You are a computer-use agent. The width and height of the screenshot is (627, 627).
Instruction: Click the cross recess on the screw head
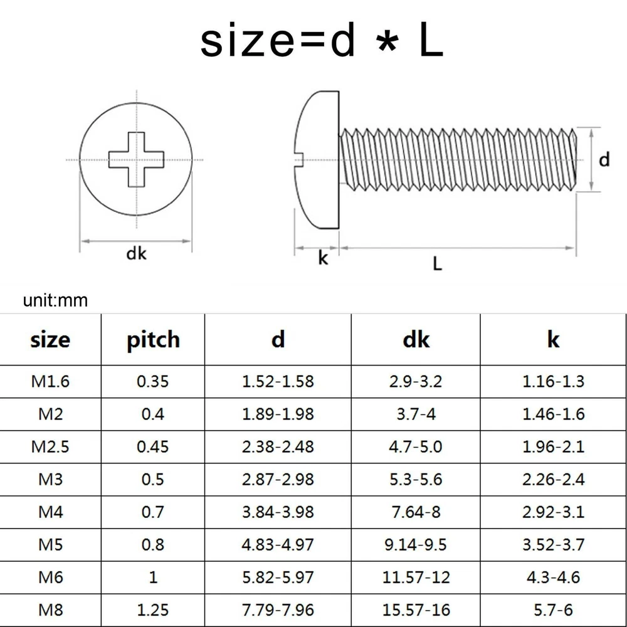(136, 159)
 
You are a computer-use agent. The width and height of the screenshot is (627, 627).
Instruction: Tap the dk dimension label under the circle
(136, 253)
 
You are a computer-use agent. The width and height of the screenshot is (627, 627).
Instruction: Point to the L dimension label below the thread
(438, 264)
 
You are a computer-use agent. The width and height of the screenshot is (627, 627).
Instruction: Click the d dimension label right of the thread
(604, 159)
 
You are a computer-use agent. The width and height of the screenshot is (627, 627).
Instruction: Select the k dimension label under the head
(323, 258)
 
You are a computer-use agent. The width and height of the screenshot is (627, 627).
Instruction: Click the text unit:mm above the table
(55, 300)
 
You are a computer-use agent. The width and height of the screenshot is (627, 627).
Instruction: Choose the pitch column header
(153, 340)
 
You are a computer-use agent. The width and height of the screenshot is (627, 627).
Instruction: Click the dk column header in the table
(416, 339)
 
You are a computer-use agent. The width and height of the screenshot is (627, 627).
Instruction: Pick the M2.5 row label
(50, 446)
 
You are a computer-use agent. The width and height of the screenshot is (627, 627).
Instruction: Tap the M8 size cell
(51, 610)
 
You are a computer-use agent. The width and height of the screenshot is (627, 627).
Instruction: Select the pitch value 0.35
(153, 381)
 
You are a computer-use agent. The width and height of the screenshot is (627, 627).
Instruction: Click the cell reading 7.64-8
(416, 512)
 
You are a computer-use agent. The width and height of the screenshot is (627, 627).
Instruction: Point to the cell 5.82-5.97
(278, 577)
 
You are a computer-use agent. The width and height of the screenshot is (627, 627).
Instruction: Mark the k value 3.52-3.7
(554, 544)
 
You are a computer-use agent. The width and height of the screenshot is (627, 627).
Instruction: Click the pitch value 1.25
(153, 610)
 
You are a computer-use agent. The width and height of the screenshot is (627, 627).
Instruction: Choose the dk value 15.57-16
(416, 610)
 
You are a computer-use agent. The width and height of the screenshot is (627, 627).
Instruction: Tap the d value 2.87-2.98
(278, 479)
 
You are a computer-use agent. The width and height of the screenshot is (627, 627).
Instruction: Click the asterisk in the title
(387, 43)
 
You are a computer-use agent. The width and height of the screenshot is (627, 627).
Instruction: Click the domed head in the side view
(318, 160)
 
